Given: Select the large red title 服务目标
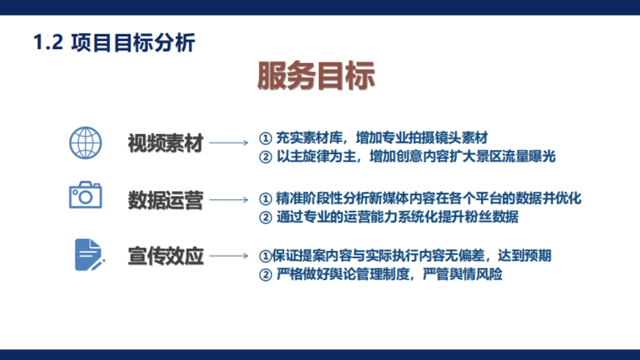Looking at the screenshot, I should tap(316, 76).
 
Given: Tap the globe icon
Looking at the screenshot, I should tap(85, 142).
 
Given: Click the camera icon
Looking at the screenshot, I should tap(85, 195).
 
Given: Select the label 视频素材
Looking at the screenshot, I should tap(165, 143).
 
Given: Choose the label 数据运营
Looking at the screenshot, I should tap(165, 201).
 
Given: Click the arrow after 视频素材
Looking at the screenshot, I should tap(228, 143).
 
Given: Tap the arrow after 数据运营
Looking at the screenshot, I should tap(228, 201).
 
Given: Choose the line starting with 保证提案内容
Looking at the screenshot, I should tap(405, 256).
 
